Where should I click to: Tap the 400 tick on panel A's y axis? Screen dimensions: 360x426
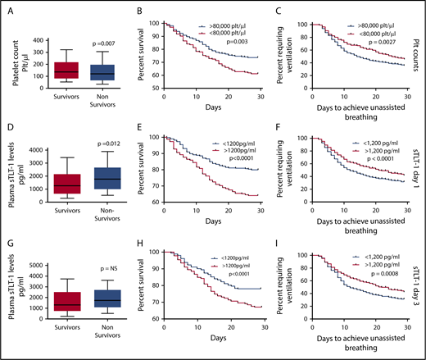[x=43, y=39]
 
